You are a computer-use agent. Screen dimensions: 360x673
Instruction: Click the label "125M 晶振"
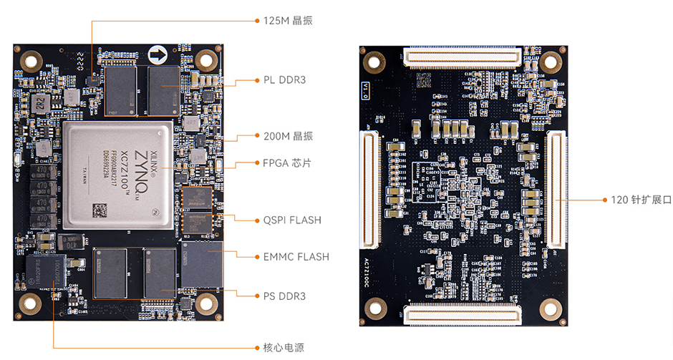pyautogui.click(x=284, y=21)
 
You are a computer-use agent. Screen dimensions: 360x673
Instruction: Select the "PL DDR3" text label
pyautogui.click(x=284, y=79)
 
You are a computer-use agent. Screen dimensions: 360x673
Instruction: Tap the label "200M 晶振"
pyautogui.click(x=284, y=136)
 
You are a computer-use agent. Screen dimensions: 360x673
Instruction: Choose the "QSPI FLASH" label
pyautogui.click(x=292, y=220)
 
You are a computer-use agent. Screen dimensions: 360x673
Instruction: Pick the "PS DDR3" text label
pyautogui.click(x=284, y=296)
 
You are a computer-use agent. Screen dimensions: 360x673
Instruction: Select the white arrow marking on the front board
pyautogui.click(x=158, y=55)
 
